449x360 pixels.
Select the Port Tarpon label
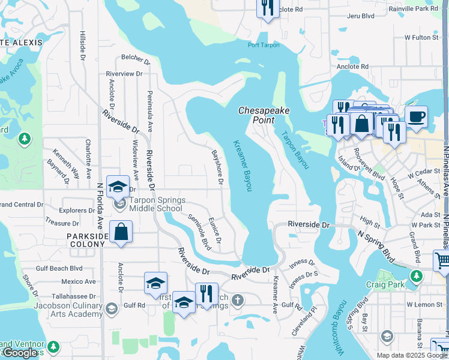point(264,45)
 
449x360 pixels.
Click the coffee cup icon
point(416,116)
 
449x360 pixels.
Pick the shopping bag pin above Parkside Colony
point(121,232)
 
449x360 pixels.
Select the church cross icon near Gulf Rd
point(238,299)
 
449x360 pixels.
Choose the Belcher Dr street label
point(134,58)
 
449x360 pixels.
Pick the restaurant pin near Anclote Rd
point(267,8)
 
